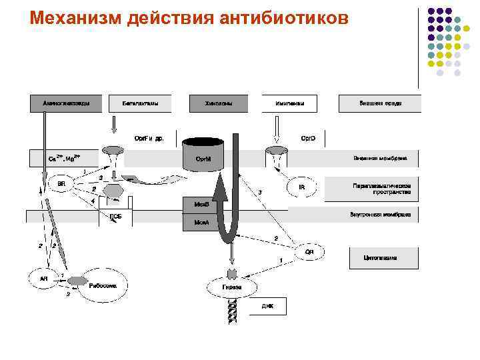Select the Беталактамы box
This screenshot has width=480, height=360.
pos(139,103)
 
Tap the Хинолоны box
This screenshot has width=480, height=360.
pos(219,103)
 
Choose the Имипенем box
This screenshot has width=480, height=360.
pos(291,103)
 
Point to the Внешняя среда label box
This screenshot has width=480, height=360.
pos(379,103)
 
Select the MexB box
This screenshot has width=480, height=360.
pos(201,205)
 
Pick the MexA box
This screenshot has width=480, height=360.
pos(201,221)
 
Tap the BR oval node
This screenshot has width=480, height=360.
pos(61,183)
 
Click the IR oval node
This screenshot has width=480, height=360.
pos(301,187)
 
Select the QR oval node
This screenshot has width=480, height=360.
pos(309,251)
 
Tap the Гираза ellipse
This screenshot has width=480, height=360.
pos(232,287)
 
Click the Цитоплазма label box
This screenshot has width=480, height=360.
pos(384,257)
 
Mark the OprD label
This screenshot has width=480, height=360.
pos(307,138)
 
